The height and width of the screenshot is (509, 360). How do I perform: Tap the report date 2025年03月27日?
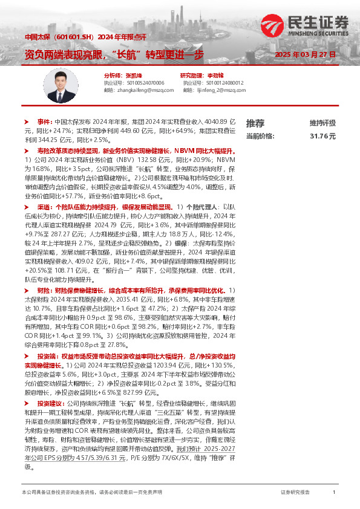(305, 54)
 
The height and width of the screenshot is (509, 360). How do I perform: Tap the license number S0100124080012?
(225, 82)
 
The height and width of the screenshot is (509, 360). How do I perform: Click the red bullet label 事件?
(45, 122)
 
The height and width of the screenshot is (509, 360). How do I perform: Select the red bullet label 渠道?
(45, 206)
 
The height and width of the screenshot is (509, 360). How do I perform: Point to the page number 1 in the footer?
(333, 493)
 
